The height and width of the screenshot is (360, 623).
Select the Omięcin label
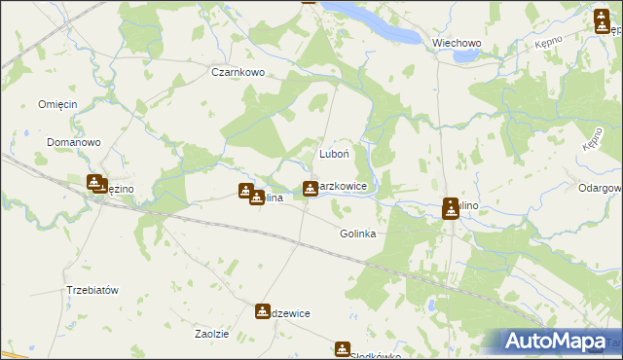[x=56, y=105]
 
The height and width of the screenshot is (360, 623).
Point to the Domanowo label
[x=74, y=142]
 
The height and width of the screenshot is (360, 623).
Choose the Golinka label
[x=358, y=234]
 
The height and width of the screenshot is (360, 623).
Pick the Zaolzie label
[x=211, y=334]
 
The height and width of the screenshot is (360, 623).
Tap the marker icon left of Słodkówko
[x=343, y=349]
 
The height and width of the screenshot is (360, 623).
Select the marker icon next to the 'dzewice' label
[x=263, y=311]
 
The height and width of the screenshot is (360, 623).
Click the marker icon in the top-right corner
[x=601, y=20]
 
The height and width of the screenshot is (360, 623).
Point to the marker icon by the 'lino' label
[x=451, y=207]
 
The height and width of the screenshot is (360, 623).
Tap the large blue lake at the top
[x=389, y=24]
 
